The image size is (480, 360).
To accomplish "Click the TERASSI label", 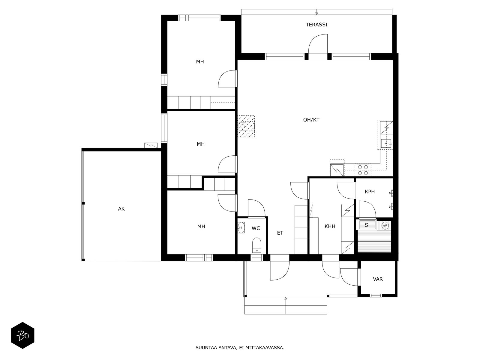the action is pos(316,25).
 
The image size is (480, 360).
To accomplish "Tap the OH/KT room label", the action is pos(311,120).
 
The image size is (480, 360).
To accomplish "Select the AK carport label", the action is pos(121,209).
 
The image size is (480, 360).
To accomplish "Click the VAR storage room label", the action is pos(378,279).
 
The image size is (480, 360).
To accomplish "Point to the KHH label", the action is pos(330,226).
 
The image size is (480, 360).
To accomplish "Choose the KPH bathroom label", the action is pos(370,192).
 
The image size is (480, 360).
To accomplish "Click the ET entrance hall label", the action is pos(280,233).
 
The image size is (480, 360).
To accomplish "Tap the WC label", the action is pos(256,228).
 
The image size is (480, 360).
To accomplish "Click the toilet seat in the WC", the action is pos(257,245).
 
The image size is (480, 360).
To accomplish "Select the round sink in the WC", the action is pos(241,227).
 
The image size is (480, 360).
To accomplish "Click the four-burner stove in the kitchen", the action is pos(363,170).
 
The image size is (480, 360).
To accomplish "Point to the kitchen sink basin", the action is pos(386,144).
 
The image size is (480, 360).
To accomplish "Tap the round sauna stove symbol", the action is pos(385,225).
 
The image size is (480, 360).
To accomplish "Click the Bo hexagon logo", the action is pos(22,335).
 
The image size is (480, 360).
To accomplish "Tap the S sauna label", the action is pos(367,225).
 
